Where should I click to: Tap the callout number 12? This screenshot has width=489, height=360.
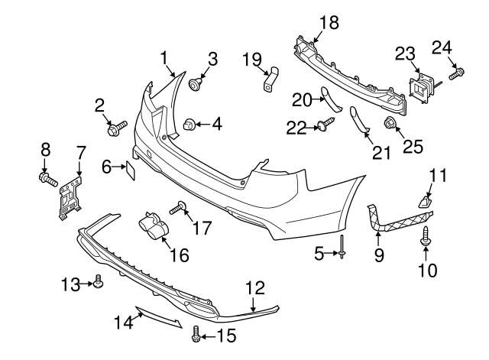pos(254,287)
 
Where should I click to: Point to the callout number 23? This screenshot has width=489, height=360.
pos(404,54)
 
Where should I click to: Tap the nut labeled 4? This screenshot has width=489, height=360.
pos(192,123)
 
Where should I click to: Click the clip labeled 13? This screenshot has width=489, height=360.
pos(97,284)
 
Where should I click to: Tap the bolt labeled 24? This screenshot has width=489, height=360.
pos(455,74)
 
